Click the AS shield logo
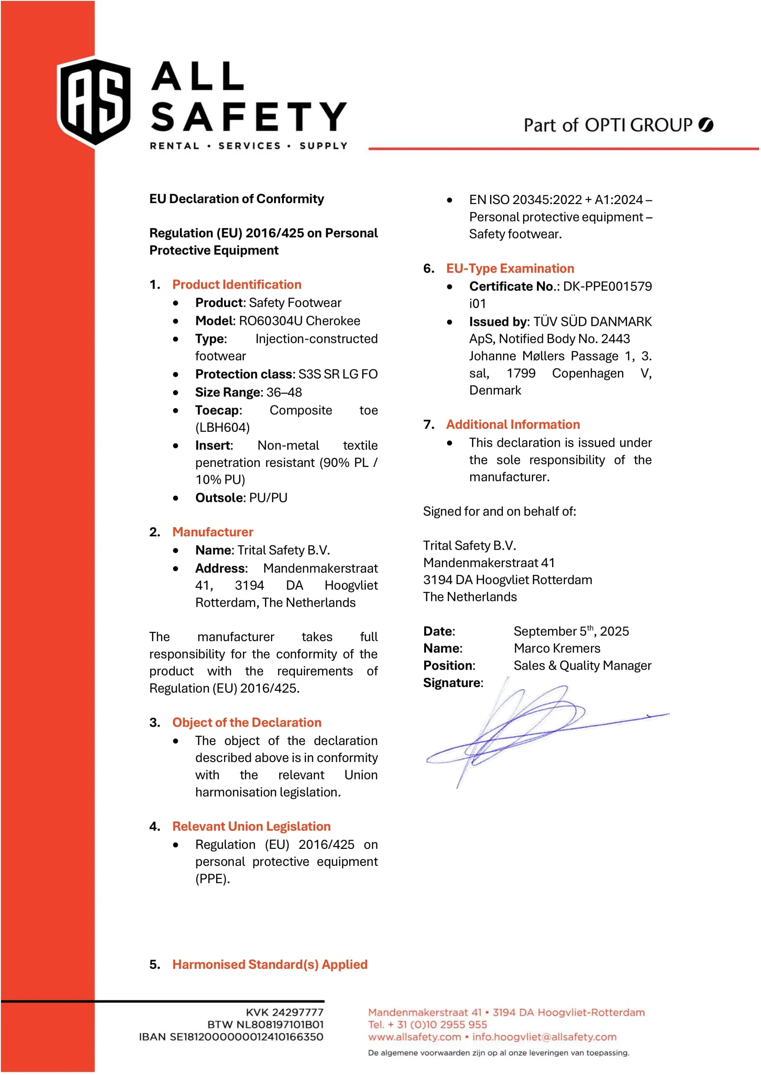pyautogui.click(x=94, y=102)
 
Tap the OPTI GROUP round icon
pyautogui.click(x=706, y=125)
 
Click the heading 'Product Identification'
pyautogui.click(x=236, y=284)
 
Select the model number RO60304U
pyautogui.click(x=271, y=321)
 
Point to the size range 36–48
pyautogui.click(x=284, y=392)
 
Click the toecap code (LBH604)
pyautogui.click(x=223, y=427)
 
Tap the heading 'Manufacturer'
pyautogui.click(x=213, y=532)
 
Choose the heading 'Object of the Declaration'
pyautogui.click(x=247, y=722)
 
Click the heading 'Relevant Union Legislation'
pyautogui.click(x=252, y=826)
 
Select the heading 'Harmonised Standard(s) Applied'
pyautogui.click(x=270, y=965)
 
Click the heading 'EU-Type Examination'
pyautogui.click(x=510, y=268)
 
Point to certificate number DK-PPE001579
pyautogui.click(x=607, y=286)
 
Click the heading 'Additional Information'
pyautogui.click(x=513, y=425)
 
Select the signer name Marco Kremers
pyautogui.click(x=557, y=648)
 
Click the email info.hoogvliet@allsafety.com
pyautogui.click(x=544, y=1036)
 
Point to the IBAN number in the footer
pyautogui.click(x=246, y=1036)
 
